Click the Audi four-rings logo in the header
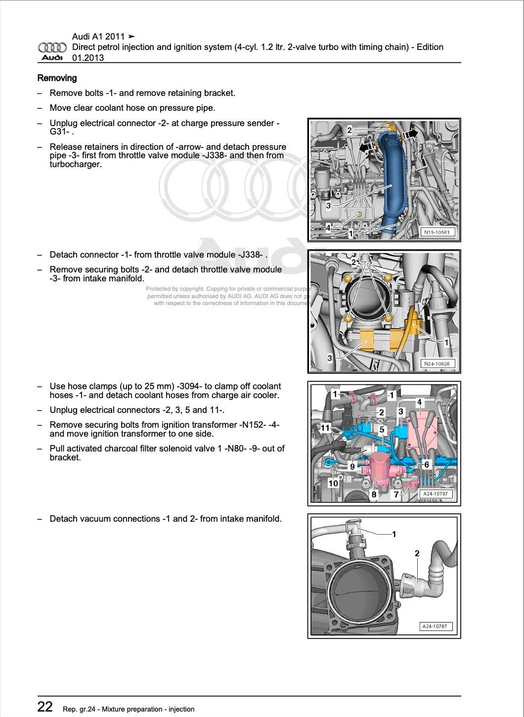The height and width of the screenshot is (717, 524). pyautogui.click(x=52, y=47)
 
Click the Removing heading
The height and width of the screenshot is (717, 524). pyautogui.click(x=57, y=78)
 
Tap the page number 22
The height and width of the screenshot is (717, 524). pyautogui.click(x=45, y=707)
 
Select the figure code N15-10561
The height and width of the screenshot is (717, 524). pyautogui.click(x=437, y=231)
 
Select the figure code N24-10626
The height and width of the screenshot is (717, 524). pyautogui.click(x=437, y=363)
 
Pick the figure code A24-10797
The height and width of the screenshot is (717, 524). pyautogui.click(x=436, y=493)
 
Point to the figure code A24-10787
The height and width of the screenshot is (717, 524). pyautogui.click(x=436, y=626)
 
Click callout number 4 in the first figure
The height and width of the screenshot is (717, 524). pyautogui.click(x=328, y=228)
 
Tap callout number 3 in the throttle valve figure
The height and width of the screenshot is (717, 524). pyautogui.click(x=330, y=358)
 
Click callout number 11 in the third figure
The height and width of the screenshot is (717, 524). pyautogui.click(x=325, y=428)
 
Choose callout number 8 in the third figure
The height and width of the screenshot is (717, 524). pyautogui.click(x=374, y=494)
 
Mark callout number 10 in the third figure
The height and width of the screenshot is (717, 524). pyautogui.click(x=333, y=483)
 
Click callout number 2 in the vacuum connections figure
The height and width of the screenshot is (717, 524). pyautogui.click(x=417, y=553)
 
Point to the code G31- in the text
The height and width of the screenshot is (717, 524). pyautogui.click(x=59, y=132)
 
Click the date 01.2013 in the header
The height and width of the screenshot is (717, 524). pyautogui.click(x=88, y=58)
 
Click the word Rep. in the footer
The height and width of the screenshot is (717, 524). pyautogui.click(x=70, y=709)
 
